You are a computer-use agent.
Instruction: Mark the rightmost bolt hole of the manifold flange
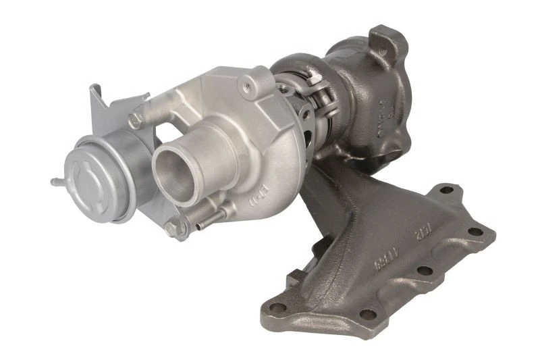pyautogui.click(x=475, y=232)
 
